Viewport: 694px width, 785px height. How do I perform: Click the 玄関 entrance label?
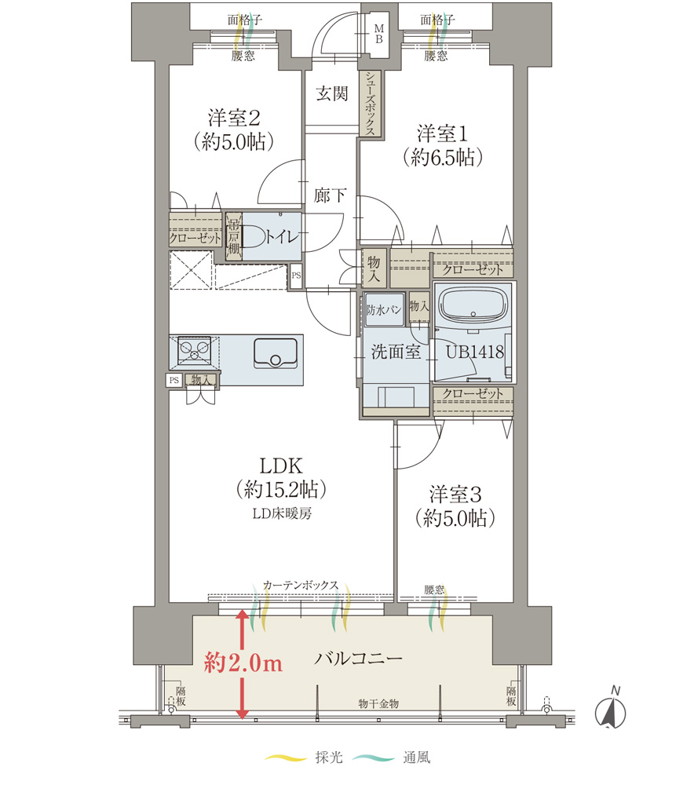pyautogui.click(x=331, y=93)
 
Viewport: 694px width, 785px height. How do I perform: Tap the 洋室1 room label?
pyautogui.click(x=442, y=133)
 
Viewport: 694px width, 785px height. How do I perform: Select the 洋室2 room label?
pyautogui.click(x=234, y=119)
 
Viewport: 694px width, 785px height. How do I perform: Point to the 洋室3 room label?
pyautogui.click(x=455, y=494)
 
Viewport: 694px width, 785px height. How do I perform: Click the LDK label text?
pyautogui.click(x=281, y=466)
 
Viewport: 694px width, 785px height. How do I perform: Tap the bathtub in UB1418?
pyautogui.click(x=473, y=306)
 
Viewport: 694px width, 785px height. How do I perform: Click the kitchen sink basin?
pyautogui.click(x=276, y=353)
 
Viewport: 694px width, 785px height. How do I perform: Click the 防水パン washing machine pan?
pyautogui.click(x=384, y=310)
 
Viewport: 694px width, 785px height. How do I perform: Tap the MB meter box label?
pyautogui.click(x=379, y=34)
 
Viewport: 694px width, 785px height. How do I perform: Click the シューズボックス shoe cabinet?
pyautogui.click(x=370, y=103)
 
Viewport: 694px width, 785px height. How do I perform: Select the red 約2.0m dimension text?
pyautogui.click(x=243, y=663)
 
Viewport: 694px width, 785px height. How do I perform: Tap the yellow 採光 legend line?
pyautogui.click(x=286, y=758)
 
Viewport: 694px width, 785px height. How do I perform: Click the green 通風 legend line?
pyautogui.click(x=373, y=758)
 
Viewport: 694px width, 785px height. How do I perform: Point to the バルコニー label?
pyautogui.click(x=358, y=658)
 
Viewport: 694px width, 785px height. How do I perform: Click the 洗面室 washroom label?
pyautogui.click(x=396, y=352)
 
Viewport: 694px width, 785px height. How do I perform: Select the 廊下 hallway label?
pyautogui.click(x=330, y=195)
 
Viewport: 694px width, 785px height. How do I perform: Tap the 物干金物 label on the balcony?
pyautogui.click(x=378, y=704)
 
